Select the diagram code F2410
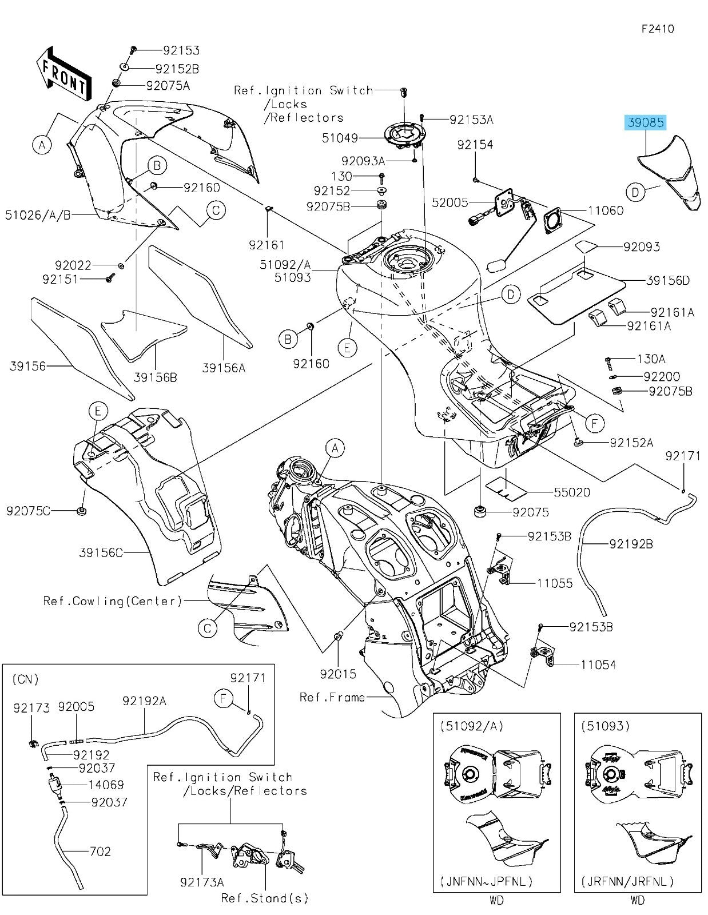[x=657, y=29]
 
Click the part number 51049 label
[x=356, y=138]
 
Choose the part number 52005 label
[x=450, y=202]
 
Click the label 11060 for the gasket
[x=606, y=210]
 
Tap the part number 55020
[x=572, y=492]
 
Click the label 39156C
[x=101, y=552]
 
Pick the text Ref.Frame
[x=332, y=697]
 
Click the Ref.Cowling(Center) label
[x=113, y=601]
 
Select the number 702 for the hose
[x=100, y=852]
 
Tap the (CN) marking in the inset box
[x=25, y=679]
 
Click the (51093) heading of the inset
[x=606, y=726]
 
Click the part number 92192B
[x=631, y=544]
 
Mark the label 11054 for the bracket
[x=598, y=665]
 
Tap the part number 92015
[x=338, y=674]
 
